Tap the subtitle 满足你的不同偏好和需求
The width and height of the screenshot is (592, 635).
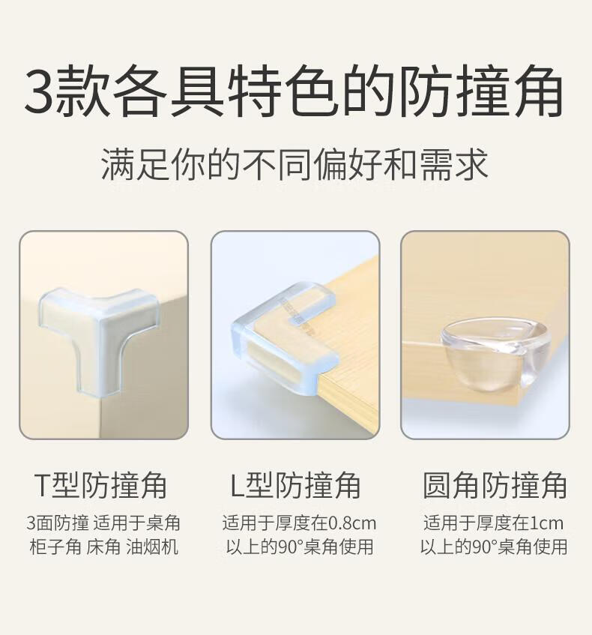pos(295,164)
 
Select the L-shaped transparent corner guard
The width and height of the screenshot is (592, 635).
pos(284,336)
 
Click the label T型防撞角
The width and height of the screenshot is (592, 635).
pos(100,485)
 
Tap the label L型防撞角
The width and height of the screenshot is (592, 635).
pos(295,485)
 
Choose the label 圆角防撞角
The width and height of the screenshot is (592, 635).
pos(495,485)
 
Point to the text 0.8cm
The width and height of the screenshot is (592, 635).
pos(351,523)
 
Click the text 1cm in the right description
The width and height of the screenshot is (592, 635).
pos(546,523)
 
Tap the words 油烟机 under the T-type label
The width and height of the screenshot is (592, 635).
pos(152,547)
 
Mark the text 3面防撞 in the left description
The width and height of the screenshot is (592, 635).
pos(58,523)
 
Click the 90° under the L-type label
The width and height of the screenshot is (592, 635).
pos(292,547)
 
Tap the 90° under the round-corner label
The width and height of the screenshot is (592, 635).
pos(485,547)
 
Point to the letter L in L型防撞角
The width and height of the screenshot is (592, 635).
pos(237,486)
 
